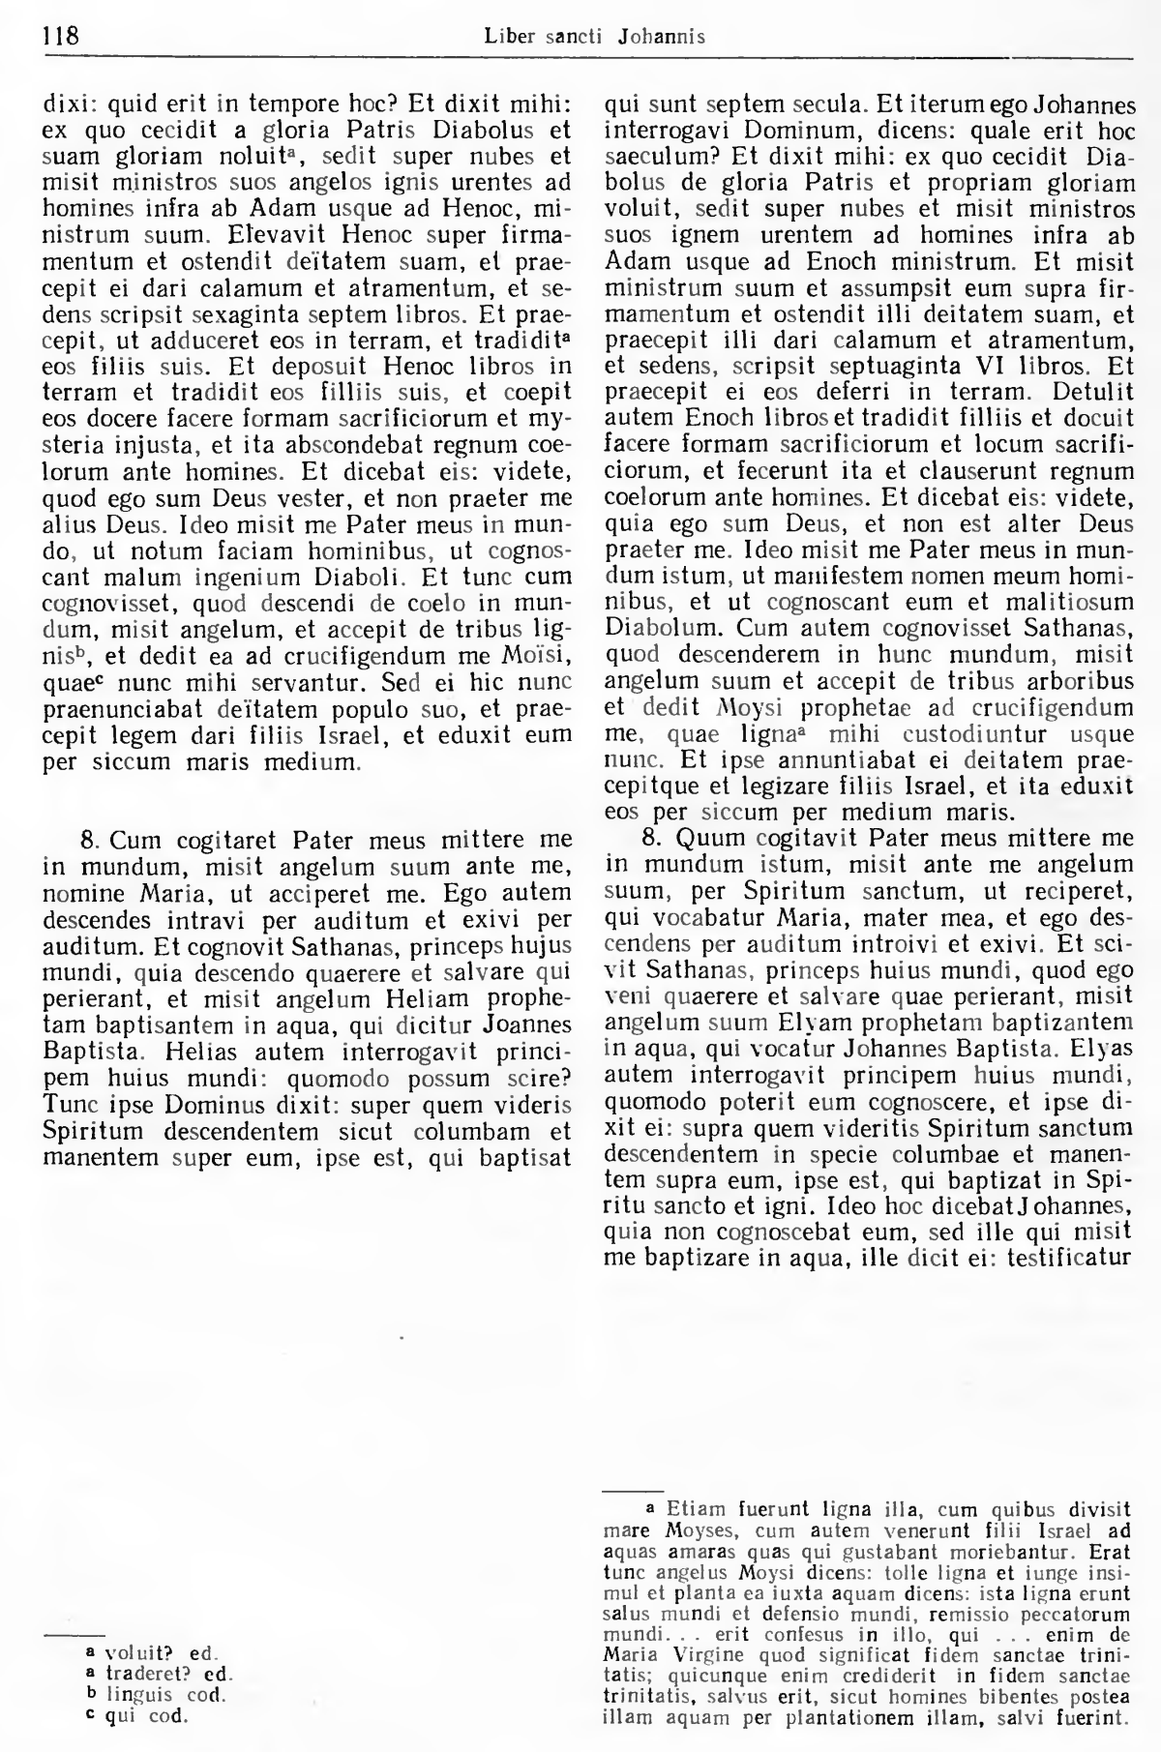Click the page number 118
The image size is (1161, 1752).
[x=60, y=37]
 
